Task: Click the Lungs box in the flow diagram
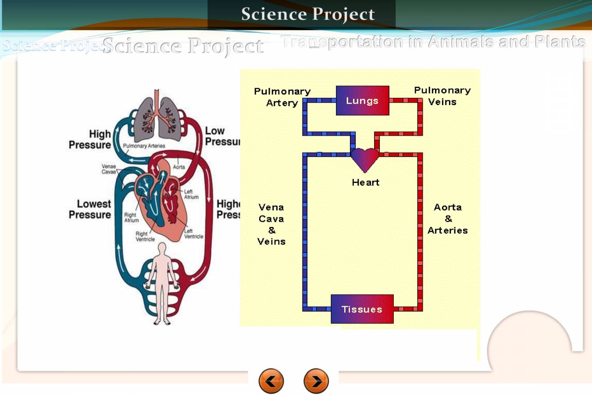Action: (x=362, y=101)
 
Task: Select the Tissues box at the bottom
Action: (x=362, y=309)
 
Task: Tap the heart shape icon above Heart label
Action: (x=365, y=159)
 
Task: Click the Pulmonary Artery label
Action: (x=282, y=97)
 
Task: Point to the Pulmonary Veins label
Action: (x=442, y=96)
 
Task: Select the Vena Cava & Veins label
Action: (x=271, y=224)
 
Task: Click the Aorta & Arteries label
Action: (x=447, y=219)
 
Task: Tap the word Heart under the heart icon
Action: (x=365, y=182)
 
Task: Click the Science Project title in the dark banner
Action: (x=308, y=14)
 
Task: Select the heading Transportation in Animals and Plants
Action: (x=433, y=42)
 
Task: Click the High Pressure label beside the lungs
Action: (x=90, y=139)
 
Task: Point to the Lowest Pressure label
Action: (x=90, y=209)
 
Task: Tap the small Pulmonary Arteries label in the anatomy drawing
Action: (x=144, y=146)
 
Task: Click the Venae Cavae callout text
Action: (x=109, y=169)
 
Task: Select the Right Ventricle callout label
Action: (x=145, y=237)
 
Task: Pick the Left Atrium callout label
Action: (x=191, y=194)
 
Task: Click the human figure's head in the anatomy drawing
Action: (x=162, y=248)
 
